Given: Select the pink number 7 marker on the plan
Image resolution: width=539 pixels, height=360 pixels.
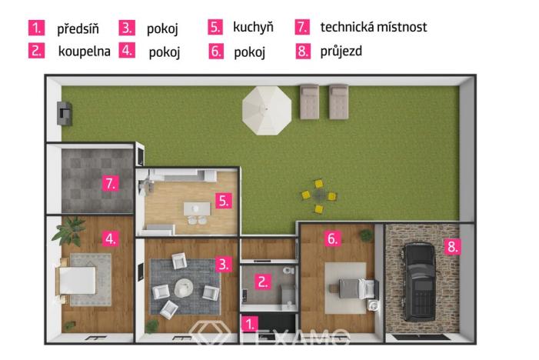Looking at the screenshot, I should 111,183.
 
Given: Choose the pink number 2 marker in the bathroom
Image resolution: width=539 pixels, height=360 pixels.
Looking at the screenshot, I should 263,282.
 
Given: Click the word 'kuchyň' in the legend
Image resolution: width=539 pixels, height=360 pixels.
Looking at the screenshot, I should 253,28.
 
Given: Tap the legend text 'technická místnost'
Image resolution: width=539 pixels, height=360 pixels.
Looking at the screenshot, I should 373,28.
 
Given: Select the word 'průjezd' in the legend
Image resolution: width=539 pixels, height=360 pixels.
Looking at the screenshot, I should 341,52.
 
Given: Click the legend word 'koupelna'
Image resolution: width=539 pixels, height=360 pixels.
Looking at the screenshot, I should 84,52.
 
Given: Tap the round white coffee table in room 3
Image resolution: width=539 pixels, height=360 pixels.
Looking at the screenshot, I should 185,288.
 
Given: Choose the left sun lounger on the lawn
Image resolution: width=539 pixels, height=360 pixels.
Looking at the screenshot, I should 310,102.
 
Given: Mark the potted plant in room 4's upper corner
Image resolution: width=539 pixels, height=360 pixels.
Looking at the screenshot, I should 75,227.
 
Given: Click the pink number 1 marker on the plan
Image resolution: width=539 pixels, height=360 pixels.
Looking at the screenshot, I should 250,322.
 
